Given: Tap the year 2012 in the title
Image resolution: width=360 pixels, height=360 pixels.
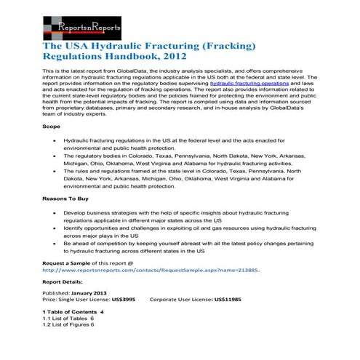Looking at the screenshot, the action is pyautogui.click(x=175, y=56).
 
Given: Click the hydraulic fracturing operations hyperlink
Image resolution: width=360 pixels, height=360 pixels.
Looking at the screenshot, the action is pyautogui.click(x=240, y=84).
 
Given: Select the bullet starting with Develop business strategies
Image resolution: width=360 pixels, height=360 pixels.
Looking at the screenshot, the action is pyautogui.click(x=182, y=215).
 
